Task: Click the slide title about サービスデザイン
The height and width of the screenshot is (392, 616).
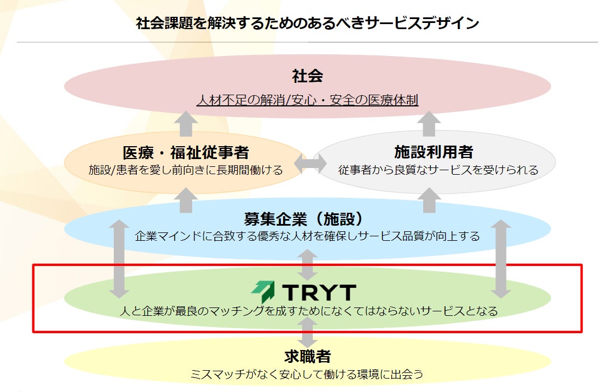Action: click(308, 23)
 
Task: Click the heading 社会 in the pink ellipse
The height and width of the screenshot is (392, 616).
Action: click(307, 76)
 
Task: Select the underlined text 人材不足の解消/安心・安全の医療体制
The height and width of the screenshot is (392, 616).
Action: click(307, 100)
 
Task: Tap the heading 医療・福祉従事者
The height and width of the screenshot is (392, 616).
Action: click(186, 152)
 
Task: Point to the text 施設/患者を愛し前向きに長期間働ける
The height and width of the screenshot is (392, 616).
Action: click(186, 170)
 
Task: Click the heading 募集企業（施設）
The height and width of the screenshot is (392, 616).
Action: click(308, 218)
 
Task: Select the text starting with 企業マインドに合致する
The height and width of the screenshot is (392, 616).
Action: click(307, 236)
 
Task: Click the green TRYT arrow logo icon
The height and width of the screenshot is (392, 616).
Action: click(263, 292)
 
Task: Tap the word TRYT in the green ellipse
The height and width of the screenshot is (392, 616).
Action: click(319, 292)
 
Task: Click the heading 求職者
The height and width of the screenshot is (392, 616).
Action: click(307, 356)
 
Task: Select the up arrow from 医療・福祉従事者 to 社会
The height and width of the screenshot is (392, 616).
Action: click(186, 124)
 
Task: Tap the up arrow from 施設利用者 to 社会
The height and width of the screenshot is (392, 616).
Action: click(430, 124)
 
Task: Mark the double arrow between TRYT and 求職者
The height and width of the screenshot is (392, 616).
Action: click(307, 332)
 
